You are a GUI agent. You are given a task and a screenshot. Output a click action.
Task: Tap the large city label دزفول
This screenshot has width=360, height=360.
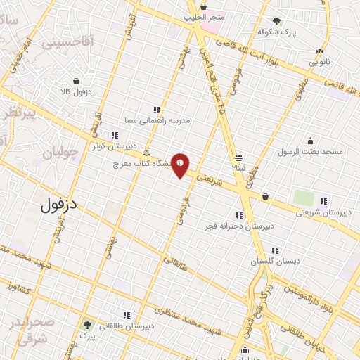58,207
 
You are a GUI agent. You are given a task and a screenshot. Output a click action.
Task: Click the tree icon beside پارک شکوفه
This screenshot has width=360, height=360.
278,21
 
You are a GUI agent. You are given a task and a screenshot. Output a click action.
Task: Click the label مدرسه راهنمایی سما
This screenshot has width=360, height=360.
157,120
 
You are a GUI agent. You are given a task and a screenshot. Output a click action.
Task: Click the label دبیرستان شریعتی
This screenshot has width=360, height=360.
324,212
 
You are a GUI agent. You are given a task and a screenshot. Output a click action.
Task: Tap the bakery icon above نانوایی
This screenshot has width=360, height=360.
320,51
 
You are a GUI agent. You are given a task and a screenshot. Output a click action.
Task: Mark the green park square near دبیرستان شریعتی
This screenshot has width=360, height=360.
303,198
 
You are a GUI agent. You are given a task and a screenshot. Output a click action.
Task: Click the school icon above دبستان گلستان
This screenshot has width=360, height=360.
274,250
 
